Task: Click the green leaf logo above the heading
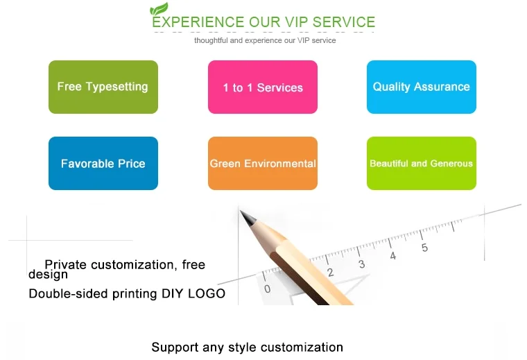click(x=159, y=8)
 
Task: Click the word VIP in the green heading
click(x=296, y=22)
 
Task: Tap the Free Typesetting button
click(x=103, y=87)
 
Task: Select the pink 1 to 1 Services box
click(x=263, y=87)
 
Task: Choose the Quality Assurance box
click(x=422, y=87)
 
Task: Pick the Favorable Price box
click(x=103, y=163)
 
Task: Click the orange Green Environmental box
click(x=263, y=163)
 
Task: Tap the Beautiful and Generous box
click(x=422, y=163)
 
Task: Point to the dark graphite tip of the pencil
click(x=241, y=212)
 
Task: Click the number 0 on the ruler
click(x=267, y=289)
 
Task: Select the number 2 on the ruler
click(x=330, y=273)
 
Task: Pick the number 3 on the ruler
click(x=362, y=264)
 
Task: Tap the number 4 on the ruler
click(x=393, y=256)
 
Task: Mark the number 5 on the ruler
click(x=424, y=248)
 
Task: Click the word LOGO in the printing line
click(x=207, y=293)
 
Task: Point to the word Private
click(x=66, y=264)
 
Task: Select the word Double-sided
click(x=69, y=293)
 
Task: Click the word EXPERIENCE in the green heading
click(x=198, y=22)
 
